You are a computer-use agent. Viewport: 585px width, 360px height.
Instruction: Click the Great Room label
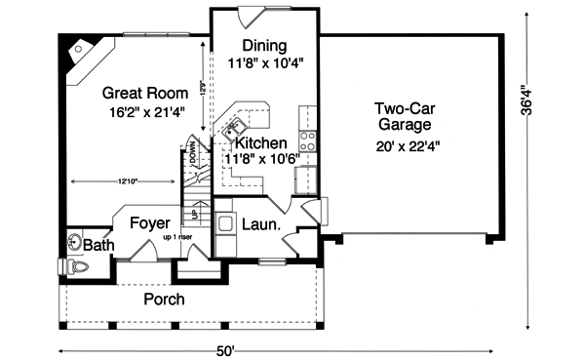(140, 93)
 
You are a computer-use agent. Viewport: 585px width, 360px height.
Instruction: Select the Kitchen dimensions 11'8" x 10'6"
(261, 158)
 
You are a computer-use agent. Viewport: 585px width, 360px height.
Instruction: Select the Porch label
(164, 299)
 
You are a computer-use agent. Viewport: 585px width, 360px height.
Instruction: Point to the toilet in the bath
(77, 265)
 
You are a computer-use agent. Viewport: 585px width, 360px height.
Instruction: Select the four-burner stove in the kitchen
(308, 138)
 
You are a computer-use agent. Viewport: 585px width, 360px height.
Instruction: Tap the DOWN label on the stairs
(192, 154)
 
